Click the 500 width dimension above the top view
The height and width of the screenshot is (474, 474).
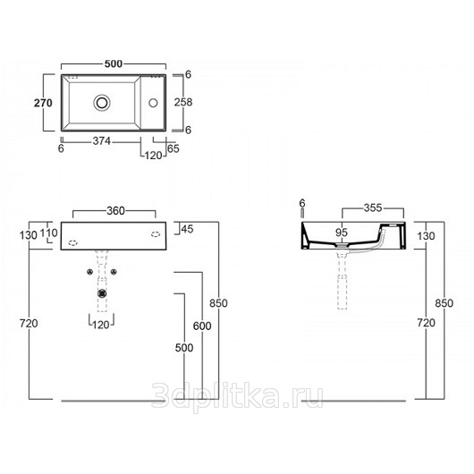(x=114, y=63)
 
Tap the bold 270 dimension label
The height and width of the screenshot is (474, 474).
(x=43, y=103)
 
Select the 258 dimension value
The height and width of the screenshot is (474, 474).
(x=183, y=102)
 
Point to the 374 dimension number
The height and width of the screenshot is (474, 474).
(x=102, y=141)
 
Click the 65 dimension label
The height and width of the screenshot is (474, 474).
(x=174, y=148)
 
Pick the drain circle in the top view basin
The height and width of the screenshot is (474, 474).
(x=102, y=103)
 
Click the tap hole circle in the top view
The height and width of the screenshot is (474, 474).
(x=153, y=103)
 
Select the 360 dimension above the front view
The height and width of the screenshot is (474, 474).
(x=115, y=211)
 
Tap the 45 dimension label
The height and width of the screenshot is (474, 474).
(x=187, y=229)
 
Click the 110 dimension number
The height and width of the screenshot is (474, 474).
(x=48, y=233)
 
